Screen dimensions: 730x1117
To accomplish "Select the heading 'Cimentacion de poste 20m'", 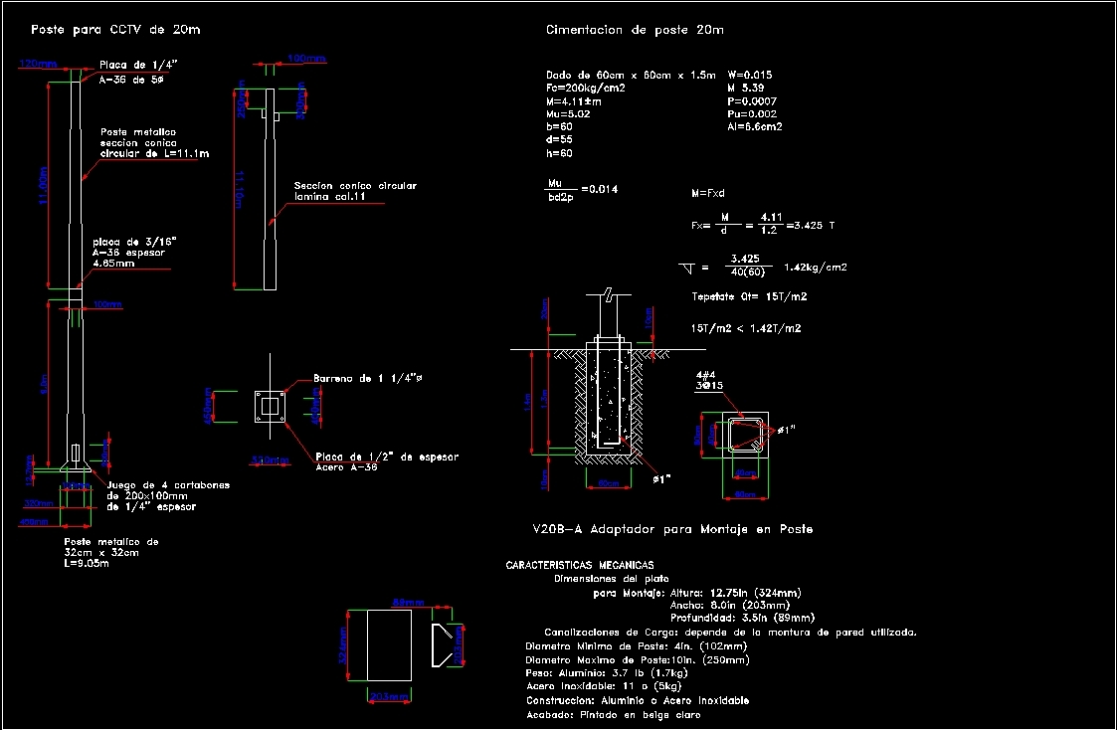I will click(x=635, y=30).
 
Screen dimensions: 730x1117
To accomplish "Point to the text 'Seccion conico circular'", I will click(x=355, y=186).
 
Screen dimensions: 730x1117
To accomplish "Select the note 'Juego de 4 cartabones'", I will click(x=168, y=485).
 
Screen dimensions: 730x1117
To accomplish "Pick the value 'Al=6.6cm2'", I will click(x=755, y=126).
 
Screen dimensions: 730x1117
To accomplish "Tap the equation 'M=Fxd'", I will click(x=708, y=193).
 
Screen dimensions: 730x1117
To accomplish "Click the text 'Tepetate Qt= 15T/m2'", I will click(x=748, y=297).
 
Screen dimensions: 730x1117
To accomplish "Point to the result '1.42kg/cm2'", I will click(x=815, y=267).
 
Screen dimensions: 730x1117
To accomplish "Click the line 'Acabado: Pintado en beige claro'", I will click(x=614, y=714).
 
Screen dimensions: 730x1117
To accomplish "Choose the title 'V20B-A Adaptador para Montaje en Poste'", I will click(x=673, y=529).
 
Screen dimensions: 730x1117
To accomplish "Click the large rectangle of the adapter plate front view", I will click(x=390, y=646).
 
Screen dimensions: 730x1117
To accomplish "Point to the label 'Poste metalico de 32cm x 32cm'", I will click(x=110, y=548).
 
